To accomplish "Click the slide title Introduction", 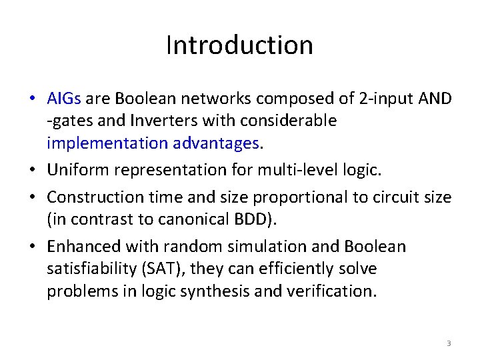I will [239, 45].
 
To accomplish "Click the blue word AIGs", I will [64, 99].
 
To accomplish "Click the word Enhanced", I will [81, 247].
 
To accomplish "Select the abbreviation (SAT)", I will [156, 269].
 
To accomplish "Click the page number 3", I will [449, 343].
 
